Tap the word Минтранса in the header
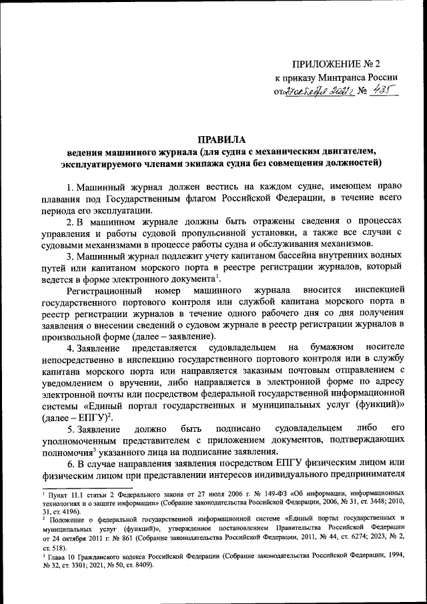tap(344, 78)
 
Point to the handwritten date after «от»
tap(317, 93)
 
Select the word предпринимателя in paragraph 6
tap(366, 476)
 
